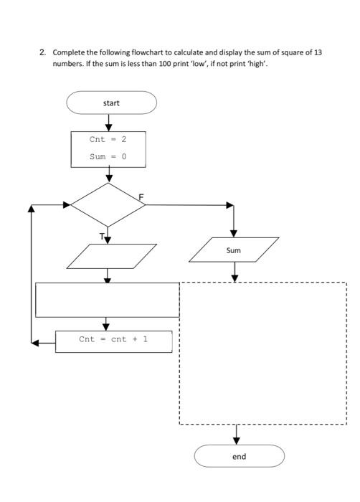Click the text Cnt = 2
click(108, 139)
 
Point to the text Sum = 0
click(108, 156)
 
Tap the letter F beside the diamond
click(141, 197)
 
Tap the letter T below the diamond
click(102, 237)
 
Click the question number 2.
click(42, 52)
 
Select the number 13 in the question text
click(318, 52)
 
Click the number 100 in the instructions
click(165, 64)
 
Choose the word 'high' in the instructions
click(257, 64)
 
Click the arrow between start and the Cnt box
click(109, 123)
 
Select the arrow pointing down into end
click(237, 435)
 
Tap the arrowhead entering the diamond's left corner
click(67, 204)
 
